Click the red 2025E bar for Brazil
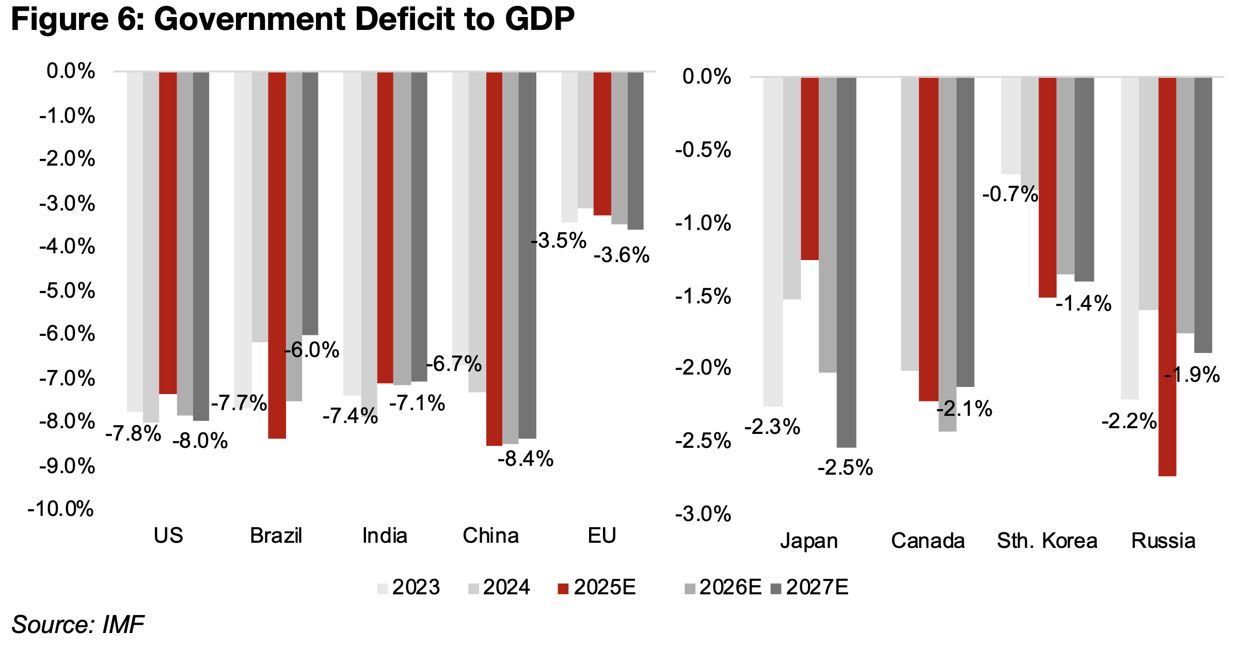coord(277,255)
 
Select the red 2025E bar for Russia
coord(1167,276)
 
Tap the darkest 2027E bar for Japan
coord(846,262)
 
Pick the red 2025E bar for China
coord(494,258)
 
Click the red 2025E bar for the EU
coord(602,143)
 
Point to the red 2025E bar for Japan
coord(809,169)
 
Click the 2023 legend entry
coord(409,588)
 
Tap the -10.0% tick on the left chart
coord(61,509)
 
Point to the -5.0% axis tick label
coord(67,291)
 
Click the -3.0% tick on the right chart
coord(703,514)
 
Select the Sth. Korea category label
coord(1046,541)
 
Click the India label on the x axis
coord(385,536)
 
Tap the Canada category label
coord(928,541)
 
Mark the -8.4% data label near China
coord(525,459)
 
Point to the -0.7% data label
coord(1010,195)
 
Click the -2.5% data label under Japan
coord(845,468)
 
